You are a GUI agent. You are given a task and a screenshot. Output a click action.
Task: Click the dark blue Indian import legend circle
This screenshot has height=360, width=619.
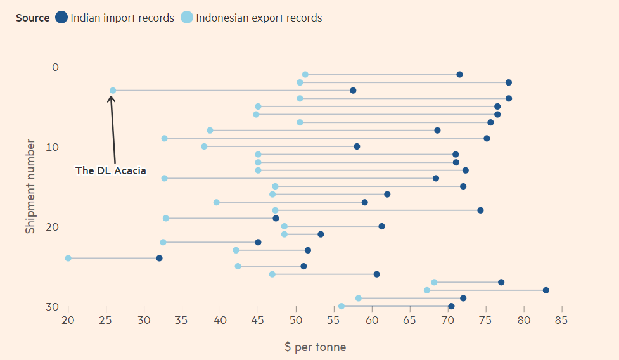point(61,18)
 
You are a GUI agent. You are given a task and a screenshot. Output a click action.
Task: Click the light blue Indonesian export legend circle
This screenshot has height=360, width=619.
point(187,18)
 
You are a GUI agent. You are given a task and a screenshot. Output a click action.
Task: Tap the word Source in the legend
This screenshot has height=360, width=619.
point(32,18)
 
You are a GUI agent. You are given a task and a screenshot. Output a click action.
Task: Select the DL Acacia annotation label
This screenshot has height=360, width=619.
point(110,170)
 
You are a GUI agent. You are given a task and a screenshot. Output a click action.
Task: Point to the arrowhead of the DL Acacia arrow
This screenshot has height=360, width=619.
point(111,97)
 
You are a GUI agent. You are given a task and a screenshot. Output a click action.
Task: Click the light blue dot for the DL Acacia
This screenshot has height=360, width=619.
point(113,91)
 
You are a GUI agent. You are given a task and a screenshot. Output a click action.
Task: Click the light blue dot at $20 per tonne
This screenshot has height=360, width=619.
point(68,258)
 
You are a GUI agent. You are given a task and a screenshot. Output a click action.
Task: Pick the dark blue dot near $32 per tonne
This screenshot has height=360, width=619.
point(159,258)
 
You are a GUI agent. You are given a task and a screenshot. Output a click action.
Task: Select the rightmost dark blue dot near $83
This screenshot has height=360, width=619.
point(546,290)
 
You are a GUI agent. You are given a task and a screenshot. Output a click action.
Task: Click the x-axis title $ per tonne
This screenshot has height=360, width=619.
point(315,347)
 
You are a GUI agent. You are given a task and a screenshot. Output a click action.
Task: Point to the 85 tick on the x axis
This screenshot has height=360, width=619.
point(561,319)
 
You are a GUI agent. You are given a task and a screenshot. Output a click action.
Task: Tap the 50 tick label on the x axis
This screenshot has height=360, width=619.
point(296,319)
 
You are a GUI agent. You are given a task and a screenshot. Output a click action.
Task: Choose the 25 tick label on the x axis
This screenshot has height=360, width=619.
point(106,319)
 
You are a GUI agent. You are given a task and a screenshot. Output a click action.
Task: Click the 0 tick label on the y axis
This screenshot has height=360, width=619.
point(55,67)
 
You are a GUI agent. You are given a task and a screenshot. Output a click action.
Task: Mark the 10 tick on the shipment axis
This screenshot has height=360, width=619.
point(53,147)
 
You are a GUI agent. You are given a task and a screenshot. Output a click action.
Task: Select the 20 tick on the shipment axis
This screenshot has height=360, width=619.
point(53,227)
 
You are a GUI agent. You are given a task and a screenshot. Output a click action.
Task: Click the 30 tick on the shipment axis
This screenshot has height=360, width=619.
point(53,307)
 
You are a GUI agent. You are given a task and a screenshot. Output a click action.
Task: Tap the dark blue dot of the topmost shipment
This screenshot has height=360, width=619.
point(459,75)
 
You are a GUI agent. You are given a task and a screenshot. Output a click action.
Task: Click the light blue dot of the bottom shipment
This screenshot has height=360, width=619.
point(341,306)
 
